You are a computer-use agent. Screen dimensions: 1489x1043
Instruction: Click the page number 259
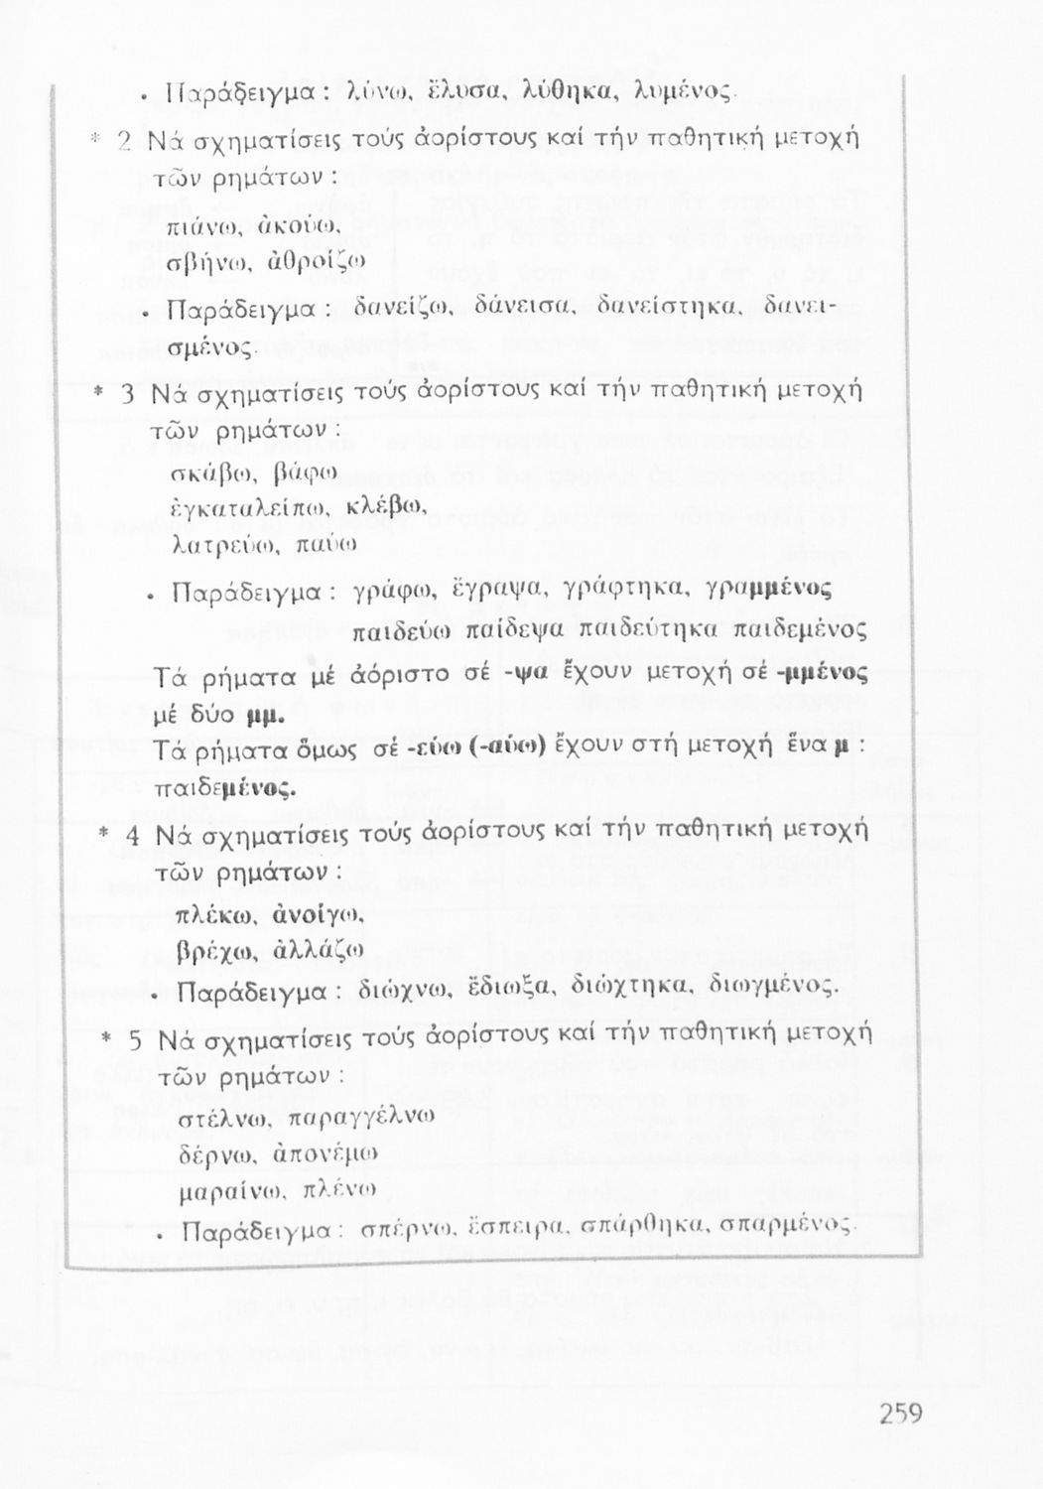900,1414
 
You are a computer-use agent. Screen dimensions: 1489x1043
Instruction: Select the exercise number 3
127,394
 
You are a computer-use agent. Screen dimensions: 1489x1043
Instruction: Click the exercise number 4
132,832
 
